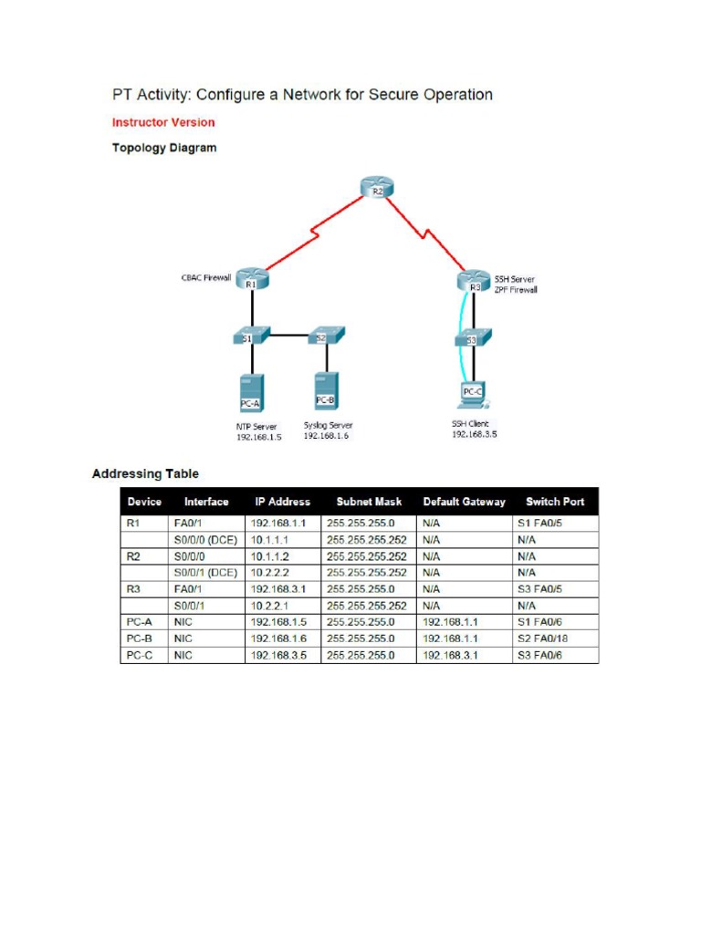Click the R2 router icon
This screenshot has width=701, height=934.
coord(377,189)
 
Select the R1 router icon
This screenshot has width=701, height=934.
coord(252,279)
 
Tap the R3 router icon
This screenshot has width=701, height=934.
coord(475,282)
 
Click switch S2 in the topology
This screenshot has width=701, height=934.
coord(324,337)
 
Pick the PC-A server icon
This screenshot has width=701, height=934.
coord(250,390)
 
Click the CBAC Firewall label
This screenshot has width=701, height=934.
coord(205,277)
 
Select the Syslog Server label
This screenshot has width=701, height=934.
coord(328,425)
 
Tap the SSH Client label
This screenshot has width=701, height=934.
coord(470,423)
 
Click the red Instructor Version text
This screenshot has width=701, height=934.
coord(163,122)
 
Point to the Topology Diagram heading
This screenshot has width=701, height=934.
coord(164,148)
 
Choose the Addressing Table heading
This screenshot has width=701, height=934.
coord(145,474)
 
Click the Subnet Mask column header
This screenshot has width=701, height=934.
coord(369,502)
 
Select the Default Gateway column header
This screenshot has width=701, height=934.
coord(464,502)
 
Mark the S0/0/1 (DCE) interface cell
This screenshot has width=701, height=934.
coord(205,572)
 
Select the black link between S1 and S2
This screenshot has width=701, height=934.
coord(288,336)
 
